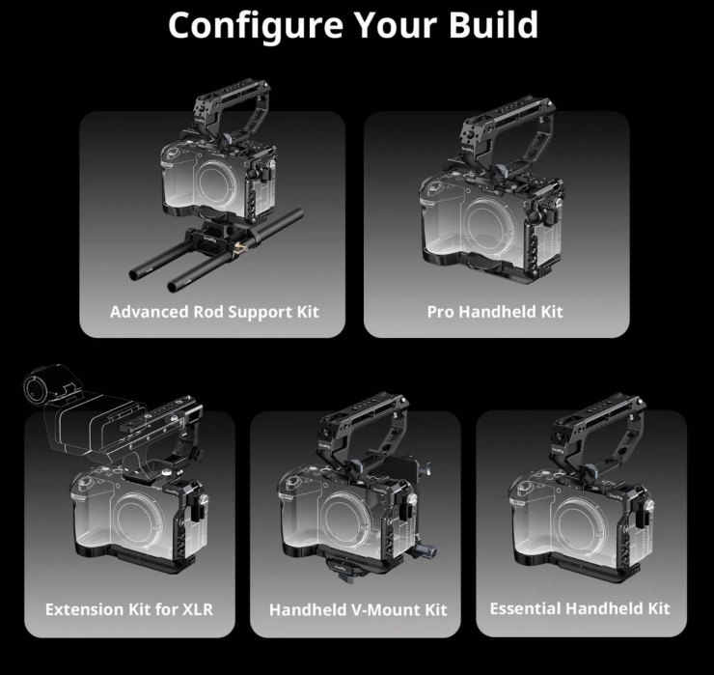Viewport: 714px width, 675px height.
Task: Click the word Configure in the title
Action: pos(256,26)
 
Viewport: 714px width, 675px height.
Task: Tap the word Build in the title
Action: pos(494,24)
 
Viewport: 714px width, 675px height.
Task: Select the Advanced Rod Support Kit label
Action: pos(214,312)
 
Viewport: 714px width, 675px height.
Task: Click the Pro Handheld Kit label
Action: pos(495,312)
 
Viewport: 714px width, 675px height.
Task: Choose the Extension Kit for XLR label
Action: pos(129,609)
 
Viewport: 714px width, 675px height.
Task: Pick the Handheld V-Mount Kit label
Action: pos(358,610)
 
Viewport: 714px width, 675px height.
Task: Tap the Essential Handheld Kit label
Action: pos(580,608)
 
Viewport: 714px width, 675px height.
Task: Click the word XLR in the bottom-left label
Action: pos(198,609)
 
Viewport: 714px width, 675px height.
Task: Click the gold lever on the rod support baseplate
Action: pos(240,249)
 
